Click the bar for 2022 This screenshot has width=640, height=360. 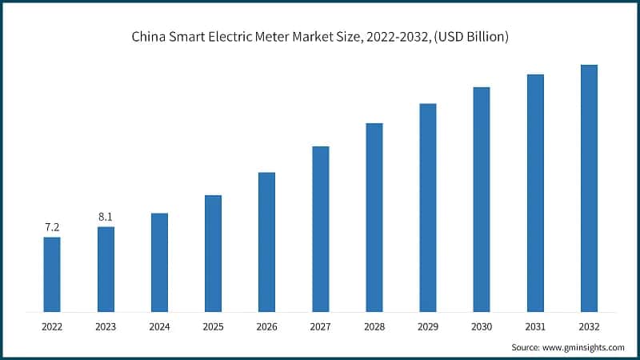click(x=52, y=274)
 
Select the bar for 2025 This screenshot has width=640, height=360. click(x=213, y=253)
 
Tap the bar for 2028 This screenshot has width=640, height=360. click(x=374, y=217)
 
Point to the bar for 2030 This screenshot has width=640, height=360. click(x=482, y=199)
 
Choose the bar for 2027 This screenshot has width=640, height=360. click(x=321, y=229)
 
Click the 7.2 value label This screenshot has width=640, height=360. click(x=52, y=227)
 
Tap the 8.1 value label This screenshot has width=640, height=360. click(x=106, y=217)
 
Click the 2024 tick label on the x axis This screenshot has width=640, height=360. click(x=159, y=326)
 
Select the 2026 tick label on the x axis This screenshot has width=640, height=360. click(x=266, y=326)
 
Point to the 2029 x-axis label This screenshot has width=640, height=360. click(x=428, y=326)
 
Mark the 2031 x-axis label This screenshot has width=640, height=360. click(x=535, y=326)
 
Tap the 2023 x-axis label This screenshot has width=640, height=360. click(x=106, y=326)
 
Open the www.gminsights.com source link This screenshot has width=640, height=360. click(x=585, y=347)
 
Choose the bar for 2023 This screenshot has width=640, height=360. click(x=106, y=269)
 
